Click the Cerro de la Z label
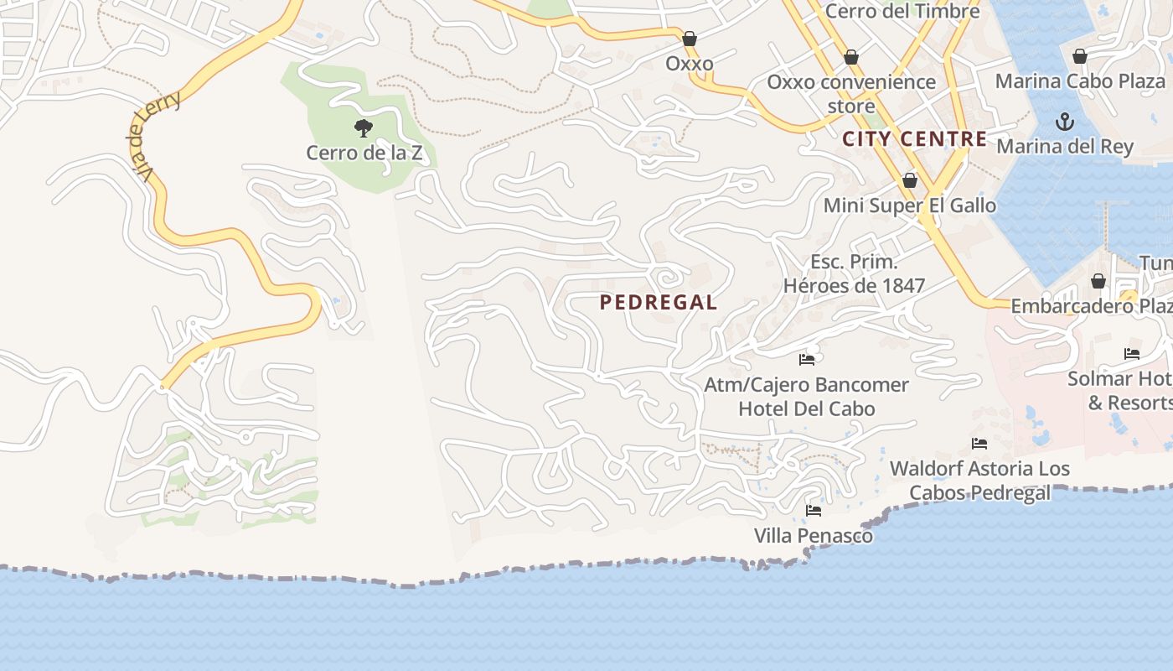tap(364, 153)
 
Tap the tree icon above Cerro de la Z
tap(363, 128)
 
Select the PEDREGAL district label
tap(659, 303)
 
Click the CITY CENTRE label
tap(915, 139)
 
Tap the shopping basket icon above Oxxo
tap(690, 39)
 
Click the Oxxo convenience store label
tap(851, 93)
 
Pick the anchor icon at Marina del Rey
tap(1064, 122)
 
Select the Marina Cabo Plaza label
tap(1080, 81)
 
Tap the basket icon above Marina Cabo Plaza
tap(1080, 56)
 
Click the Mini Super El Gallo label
tap(910, 205)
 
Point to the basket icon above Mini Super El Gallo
tap(910, 180)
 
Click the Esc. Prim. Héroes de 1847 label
tap(854, 273)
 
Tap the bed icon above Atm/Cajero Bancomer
tap(807, 360)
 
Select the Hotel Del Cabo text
tap(806, 409)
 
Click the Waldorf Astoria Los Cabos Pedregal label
tap(979, 480)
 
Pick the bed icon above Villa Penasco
tap(813, 510)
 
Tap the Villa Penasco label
tap(813, 535)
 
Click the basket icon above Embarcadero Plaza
tap(1098, 281)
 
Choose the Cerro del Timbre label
tap(902, 12)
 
